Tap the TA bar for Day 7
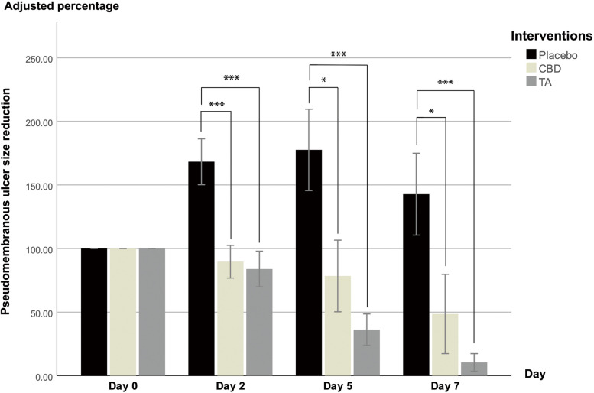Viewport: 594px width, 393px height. tap(474, 369)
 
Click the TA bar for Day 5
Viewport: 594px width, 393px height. tap(368, 352)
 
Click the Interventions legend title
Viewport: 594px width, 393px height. tap(550, 36)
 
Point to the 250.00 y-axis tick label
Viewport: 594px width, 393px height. tap(38, 59)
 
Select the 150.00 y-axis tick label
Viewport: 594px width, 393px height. tap(38, 186)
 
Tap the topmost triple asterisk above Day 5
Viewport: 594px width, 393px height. tap(339, 55)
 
